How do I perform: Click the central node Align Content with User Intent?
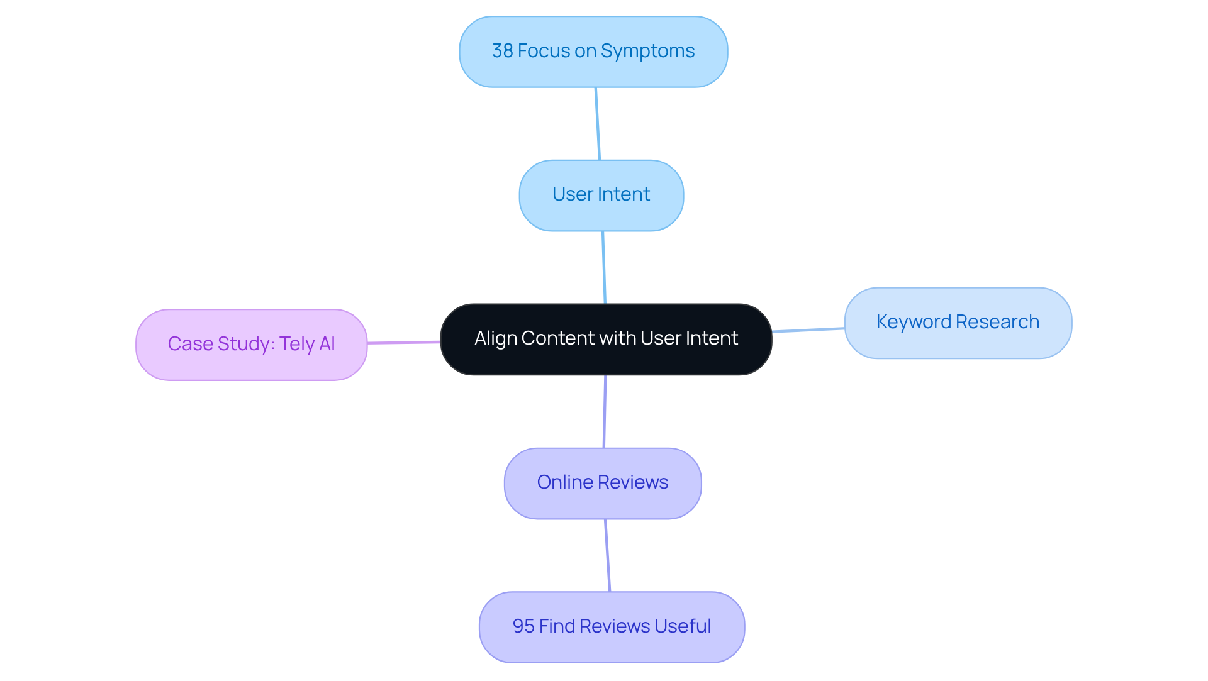pos(606,340)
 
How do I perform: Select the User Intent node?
pos(601,195)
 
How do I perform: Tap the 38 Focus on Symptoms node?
pos(593,52)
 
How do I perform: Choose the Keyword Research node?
pos(958,323)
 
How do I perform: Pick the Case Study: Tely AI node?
pos(251,345)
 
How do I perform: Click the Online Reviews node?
pos(602,483)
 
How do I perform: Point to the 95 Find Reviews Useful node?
pos(612,627)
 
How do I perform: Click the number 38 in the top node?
pos(502,51)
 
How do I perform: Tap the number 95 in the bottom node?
pos(523,626)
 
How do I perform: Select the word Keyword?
pos(913,322)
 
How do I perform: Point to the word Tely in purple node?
pos(298,344)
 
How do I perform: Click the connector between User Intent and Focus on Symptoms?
pos(598,124)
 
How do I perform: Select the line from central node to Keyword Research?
pos(808,329)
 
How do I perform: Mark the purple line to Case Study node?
pos(403,342)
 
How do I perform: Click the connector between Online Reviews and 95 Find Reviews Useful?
pos(607,555)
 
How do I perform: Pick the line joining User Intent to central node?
pos(604,267)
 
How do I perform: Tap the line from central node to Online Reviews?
pos(605,411)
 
